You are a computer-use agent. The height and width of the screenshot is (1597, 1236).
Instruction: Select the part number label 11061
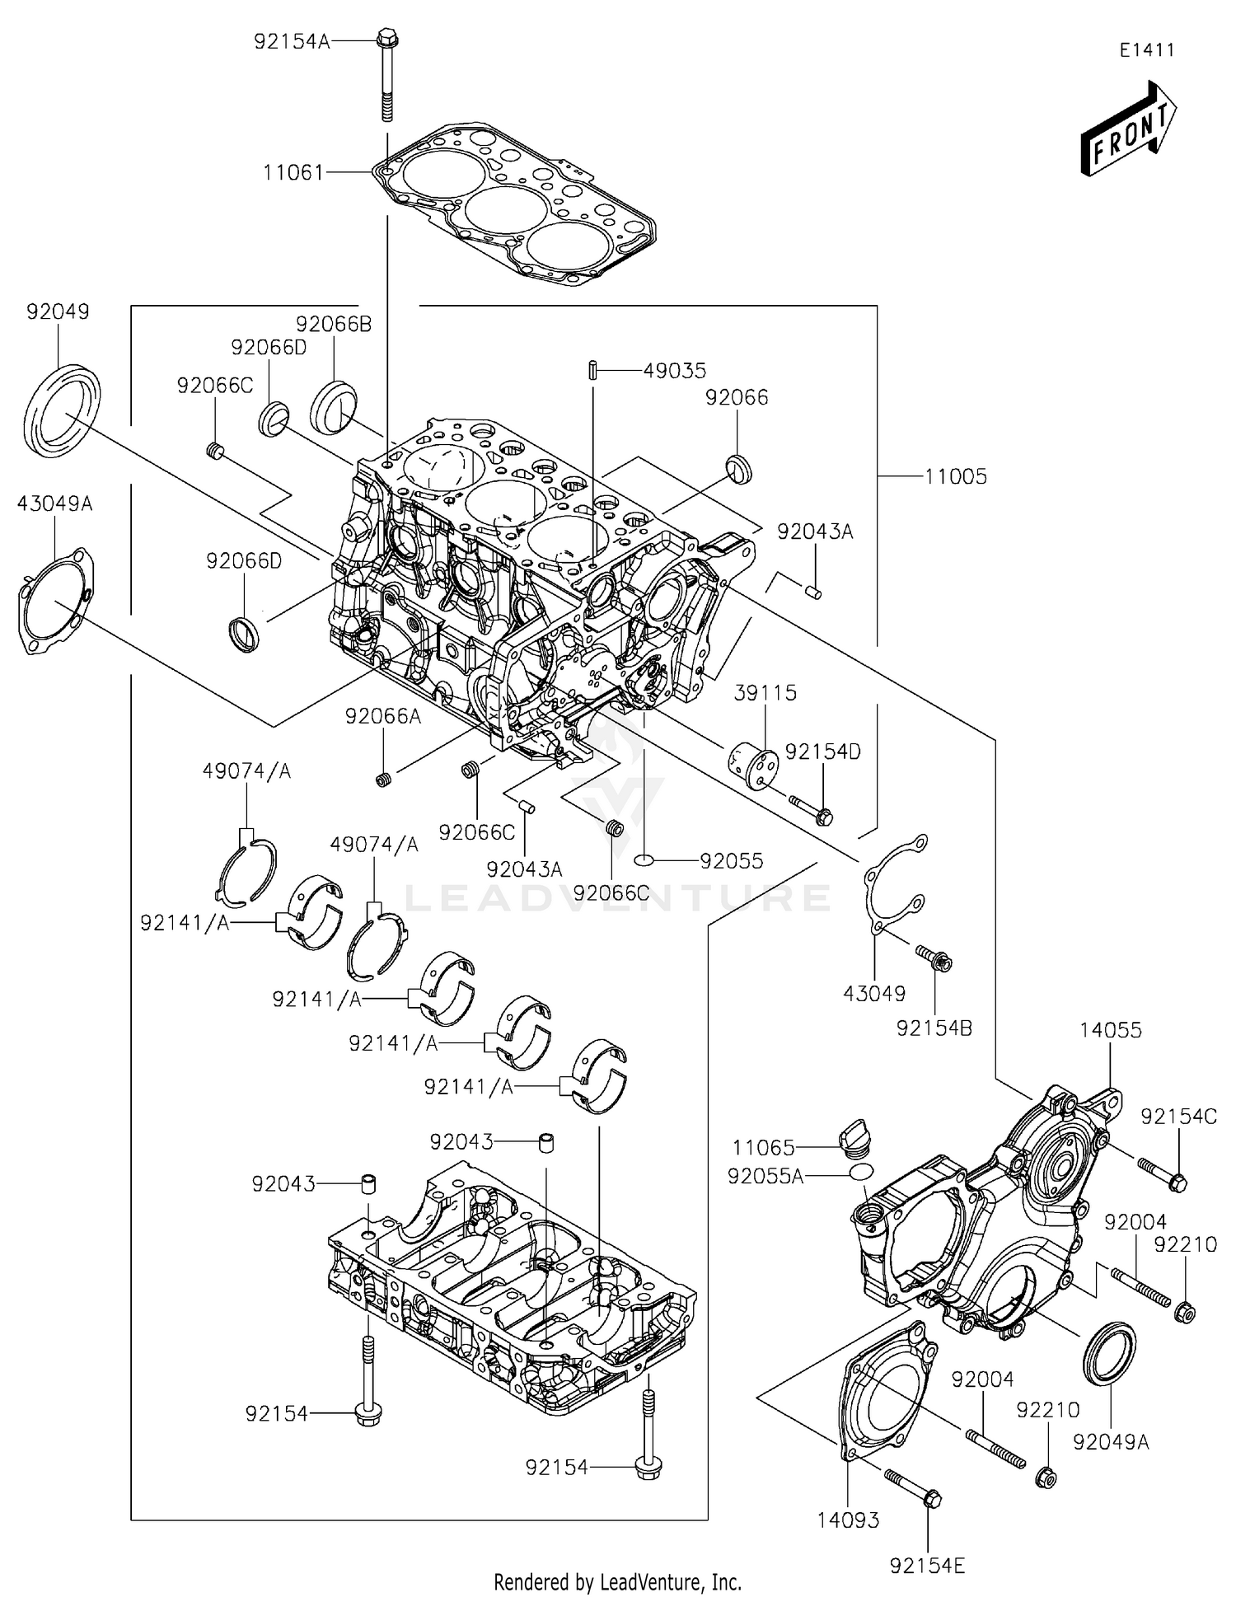293,172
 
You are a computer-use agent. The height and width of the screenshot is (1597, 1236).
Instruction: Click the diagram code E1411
1146,49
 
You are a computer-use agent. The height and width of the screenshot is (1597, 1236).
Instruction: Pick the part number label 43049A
54,503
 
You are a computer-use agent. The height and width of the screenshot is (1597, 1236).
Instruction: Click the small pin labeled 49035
592,371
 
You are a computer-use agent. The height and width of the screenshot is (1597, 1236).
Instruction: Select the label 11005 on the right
955,476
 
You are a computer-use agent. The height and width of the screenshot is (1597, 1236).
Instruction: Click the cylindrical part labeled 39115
753,766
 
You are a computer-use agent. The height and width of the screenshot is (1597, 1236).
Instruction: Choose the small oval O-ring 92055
644,861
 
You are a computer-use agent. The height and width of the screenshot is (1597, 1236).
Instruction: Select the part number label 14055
1111,1029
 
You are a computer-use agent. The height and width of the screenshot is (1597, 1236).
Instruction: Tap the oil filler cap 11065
853,1140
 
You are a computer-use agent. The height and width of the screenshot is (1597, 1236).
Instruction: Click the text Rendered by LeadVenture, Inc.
617,1581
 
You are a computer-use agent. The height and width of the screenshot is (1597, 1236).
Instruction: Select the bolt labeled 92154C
1163,1174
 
